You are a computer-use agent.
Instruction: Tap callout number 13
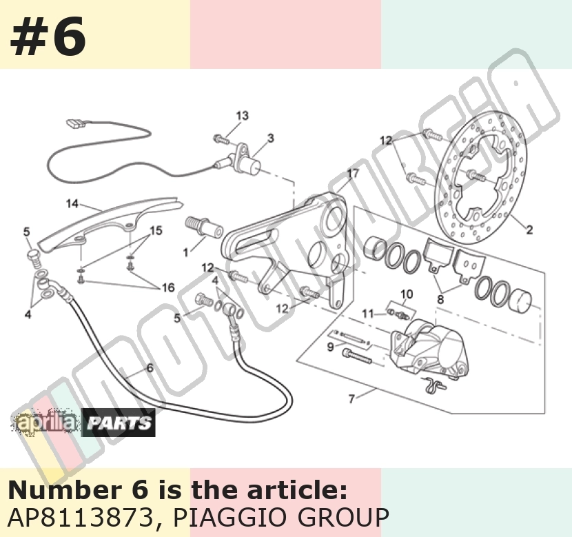click(x=242, y=116)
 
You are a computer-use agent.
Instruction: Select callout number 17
click(x=353, y=174)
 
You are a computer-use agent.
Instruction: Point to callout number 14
click(x=72, y=203)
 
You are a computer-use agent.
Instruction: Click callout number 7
click(x=351, y=398)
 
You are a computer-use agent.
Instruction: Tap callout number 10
click(x=407, y=294)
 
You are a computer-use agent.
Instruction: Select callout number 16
click(x=168, y=288)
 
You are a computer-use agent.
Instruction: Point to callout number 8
click(x=440, y=299)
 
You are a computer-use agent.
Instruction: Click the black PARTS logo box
click(x=119, y=423)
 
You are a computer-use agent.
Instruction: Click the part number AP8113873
click(x=81, y=517)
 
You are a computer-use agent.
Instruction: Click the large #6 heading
click(x=48, y=37)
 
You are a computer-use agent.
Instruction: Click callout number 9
click(x=331, y=347)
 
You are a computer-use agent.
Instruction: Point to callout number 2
click(x=529, y=230)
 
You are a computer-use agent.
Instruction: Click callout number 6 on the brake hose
click(x=150, y=367)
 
